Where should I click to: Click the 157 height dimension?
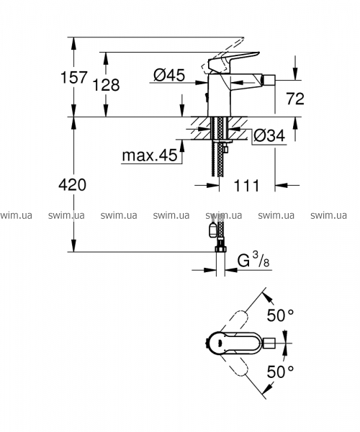pos(74,77)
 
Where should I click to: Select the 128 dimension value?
pos(106,84)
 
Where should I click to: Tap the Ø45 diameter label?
pos(169,75)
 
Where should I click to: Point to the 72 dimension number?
pos(295,99)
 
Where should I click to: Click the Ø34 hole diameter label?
pos(269,135)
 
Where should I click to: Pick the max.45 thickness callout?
pos(150,156)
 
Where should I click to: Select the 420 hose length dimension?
pos(73,184)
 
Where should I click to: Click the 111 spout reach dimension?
pos(246,186)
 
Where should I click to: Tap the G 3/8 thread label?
pos(253,260)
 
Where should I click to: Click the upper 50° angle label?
pos(280,315)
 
